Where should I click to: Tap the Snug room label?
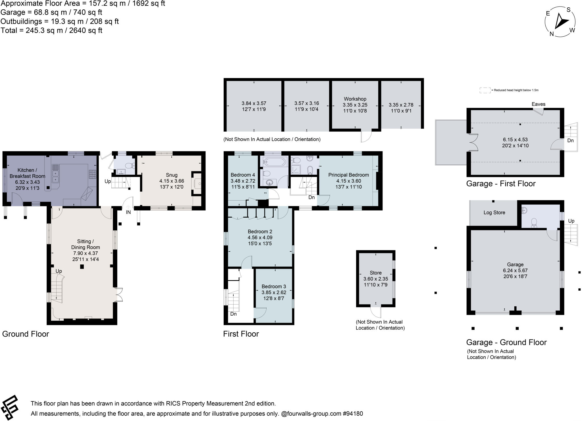[x=172, y=175]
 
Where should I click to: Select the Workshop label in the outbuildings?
[x=355, y=99]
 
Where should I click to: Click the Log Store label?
[x=494, y=212]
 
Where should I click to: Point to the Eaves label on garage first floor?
[x=538, y=104]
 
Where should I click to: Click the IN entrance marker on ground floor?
[x=128, y=212]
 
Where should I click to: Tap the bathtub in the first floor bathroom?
[x=274, y=162]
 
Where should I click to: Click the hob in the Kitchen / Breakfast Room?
[x=93, y=174]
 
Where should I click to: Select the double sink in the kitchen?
[x=55, y=174]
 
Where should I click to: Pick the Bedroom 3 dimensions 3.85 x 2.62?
[x=274, y=292]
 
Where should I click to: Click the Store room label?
[x=375, y=273]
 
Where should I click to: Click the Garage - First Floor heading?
[x=501, y=184]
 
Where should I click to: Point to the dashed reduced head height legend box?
[x=485, y=90]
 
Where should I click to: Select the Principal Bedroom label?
[x=348, y=175]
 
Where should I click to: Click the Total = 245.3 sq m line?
[x=51, y=30]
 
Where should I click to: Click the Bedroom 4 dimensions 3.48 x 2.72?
[x=243, y=181]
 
